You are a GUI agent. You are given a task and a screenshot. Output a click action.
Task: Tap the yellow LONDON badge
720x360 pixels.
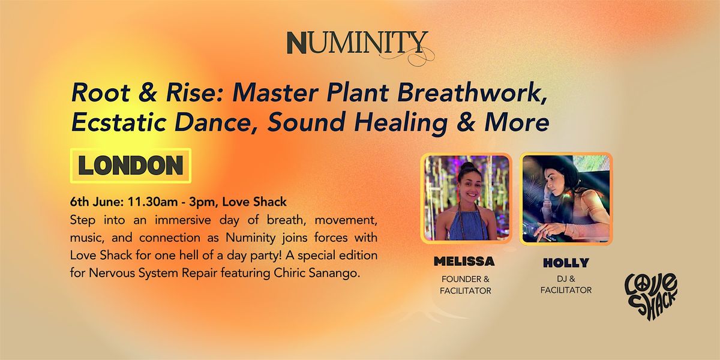pyautogui.click(x=131, y=166)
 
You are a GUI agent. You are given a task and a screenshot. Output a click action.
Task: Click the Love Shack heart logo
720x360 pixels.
pyautogui.click(x=651, y=296)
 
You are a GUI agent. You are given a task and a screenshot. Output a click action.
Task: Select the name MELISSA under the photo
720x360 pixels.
pyautogui.click(x=464, y=262)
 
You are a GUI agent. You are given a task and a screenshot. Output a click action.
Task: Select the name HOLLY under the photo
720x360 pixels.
pyautogui.click(x=566, y=263)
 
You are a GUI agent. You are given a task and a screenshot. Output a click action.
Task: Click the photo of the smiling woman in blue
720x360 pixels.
pyautogui.click(x=466, y=198)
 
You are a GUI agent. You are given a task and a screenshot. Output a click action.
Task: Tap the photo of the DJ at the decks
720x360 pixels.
pyautogui.click(x=566, y=199)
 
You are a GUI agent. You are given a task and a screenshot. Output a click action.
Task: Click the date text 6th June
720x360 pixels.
pyautogui.click(x=97, y=202)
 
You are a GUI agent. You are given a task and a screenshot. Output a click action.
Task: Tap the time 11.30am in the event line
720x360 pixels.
pyautogui.click(x=153, y=202)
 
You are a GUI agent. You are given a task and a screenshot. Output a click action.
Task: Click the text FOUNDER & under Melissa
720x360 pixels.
pyautogui.click(x=466, y=279)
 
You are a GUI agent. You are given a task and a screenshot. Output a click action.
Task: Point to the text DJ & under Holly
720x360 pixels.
pyautogui.click(x=566, y=279)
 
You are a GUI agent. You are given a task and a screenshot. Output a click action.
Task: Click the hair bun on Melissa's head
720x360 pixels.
pyautogui.click(x=467, y=166)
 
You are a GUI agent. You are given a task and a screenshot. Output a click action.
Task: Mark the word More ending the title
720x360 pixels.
pyautogui.click(x=517, y=123)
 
